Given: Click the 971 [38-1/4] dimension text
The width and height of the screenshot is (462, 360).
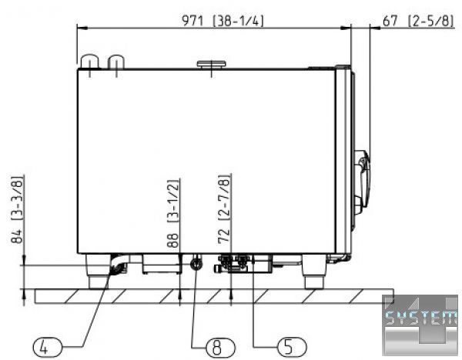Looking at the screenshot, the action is click(x=223, y=21).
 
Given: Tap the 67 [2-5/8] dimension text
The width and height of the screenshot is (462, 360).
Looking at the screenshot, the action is click(x=418, y=21).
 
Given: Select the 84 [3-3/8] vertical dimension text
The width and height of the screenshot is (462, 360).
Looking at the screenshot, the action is click(x=17, y=209).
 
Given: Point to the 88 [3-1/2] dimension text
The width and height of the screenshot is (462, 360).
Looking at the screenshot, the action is click(x=172, y=213).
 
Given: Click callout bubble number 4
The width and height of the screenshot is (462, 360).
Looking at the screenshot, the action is click(x=47, y=348).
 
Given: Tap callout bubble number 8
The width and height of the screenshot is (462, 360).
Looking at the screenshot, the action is click(x=221, y=348).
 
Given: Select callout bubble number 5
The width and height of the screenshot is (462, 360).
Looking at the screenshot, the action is click(x=292, y=347).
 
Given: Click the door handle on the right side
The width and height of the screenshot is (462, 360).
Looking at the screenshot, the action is click(x=362, y=182).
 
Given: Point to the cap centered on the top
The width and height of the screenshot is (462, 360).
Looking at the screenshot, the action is click(x=212, y=65).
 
